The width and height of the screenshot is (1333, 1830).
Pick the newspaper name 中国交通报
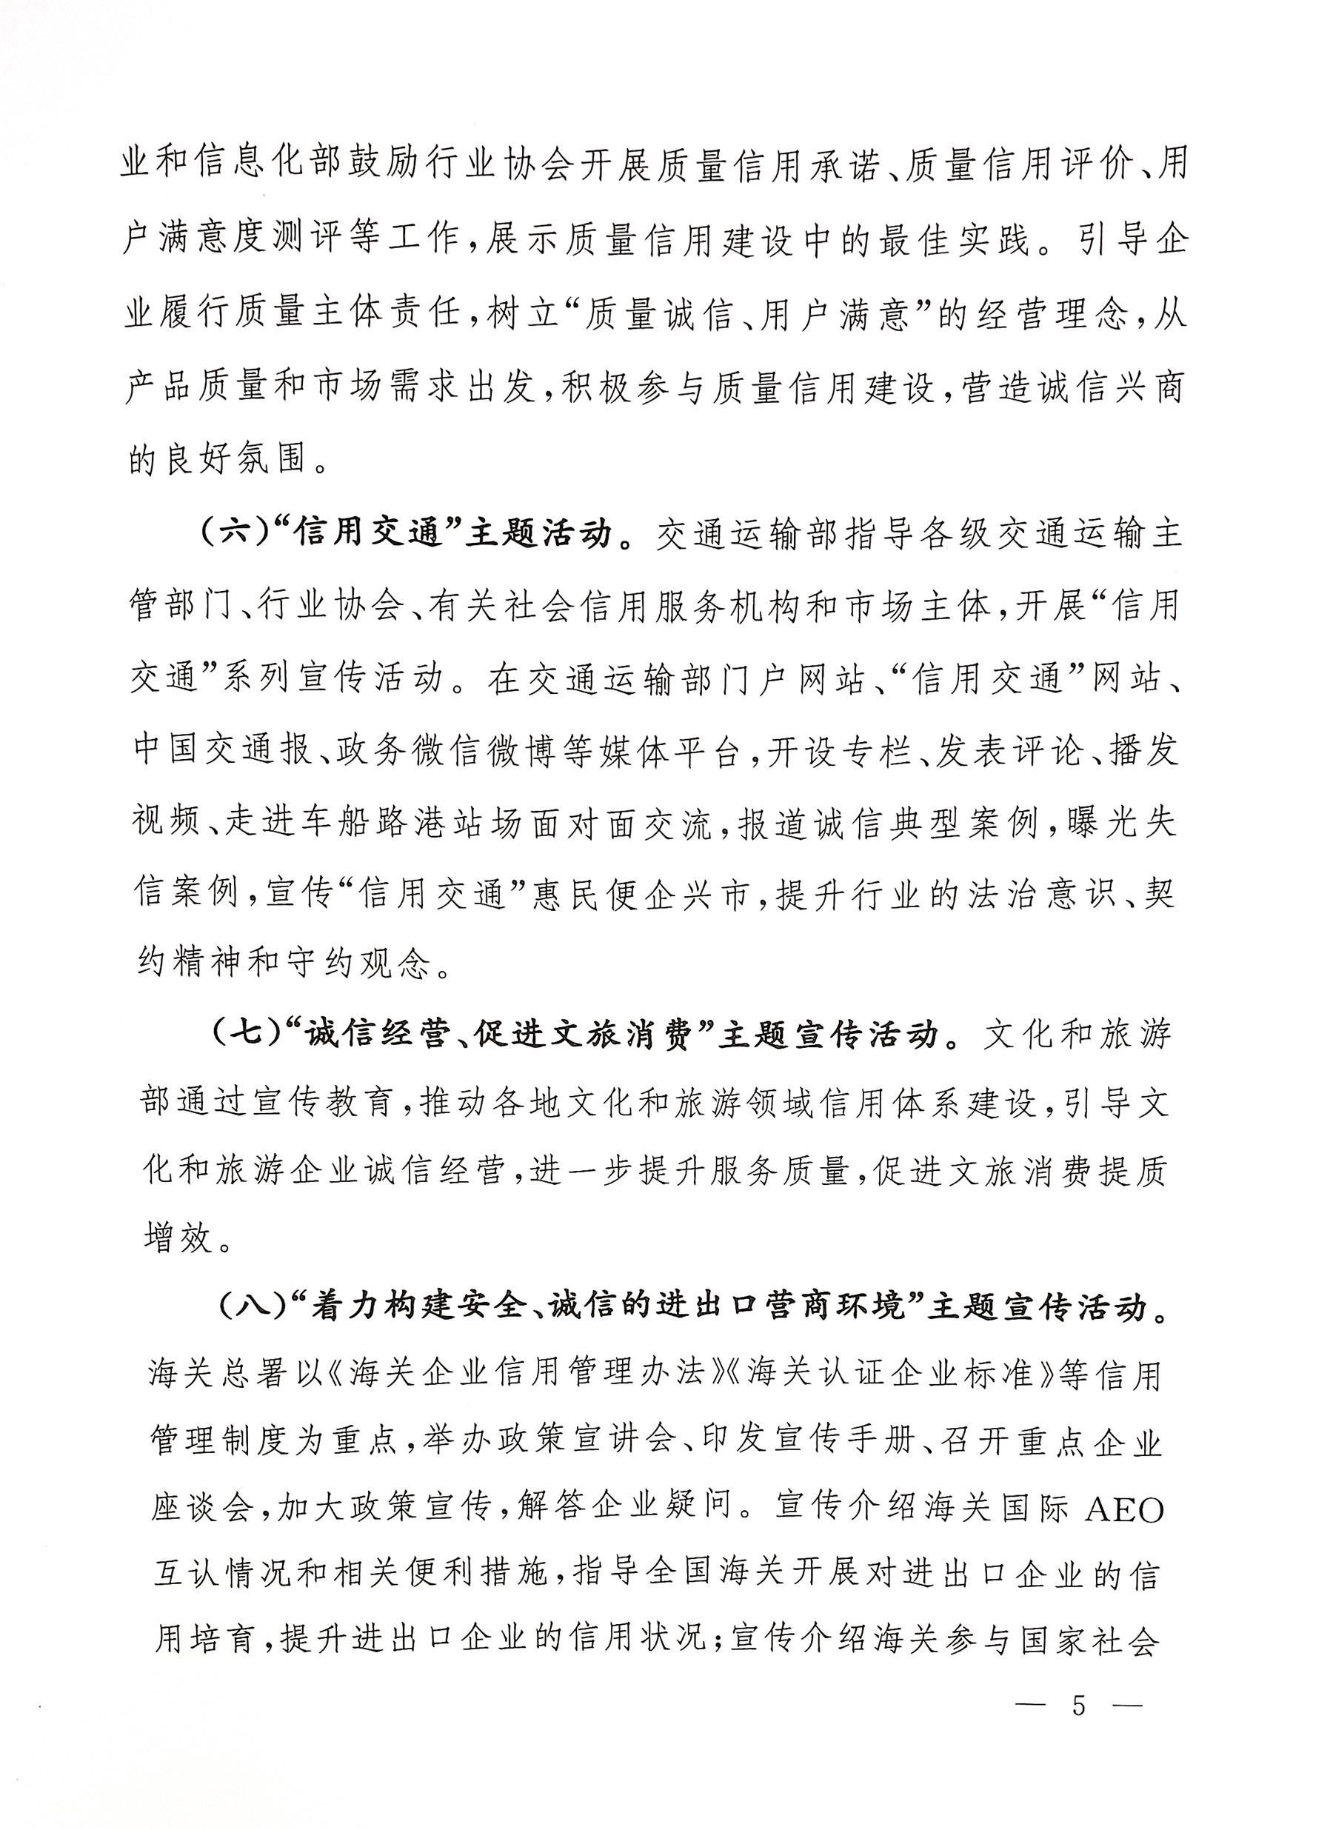tap(223, 751)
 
